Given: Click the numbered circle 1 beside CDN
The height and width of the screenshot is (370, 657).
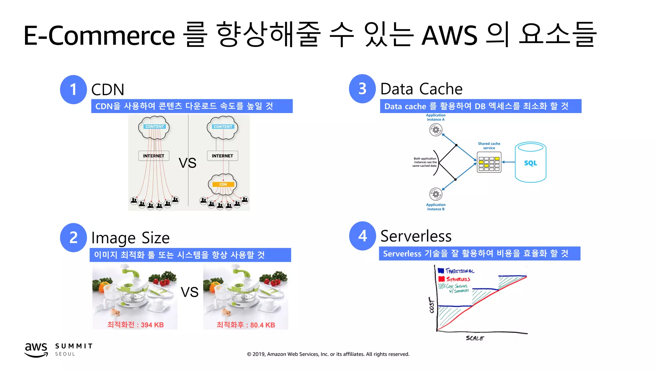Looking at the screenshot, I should pos(73,90).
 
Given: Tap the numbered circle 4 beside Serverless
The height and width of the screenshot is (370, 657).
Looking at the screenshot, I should pos(363,236).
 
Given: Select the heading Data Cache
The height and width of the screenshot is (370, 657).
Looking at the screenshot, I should pos(421,89).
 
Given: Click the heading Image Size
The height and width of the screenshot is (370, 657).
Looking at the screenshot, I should pos(130,238).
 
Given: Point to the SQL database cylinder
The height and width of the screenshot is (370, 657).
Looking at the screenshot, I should pos(530,163).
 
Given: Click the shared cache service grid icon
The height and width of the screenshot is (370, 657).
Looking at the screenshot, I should pos(489,163).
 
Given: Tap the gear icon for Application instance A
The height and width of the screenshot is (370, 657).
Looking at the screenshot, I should pos(436,130).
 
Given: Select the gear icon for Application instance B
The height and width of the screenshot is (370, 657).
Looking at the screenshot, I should pos(436,194).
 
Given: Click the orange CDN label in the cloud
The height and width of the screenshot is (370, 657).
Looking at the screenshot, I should pos(223,184).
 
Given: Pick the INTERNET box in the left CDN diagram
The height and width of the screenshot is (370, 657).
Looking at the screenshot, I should pos(154,156).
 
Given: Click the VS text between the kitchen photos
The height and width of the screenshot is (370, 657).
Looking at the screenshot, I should pos(189,292).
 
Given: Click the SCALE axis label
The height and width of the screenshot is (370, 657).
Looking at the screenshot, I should pos(475,338).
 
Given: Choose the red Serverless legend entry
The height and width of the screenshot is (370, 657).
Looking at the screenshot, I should pos(455,279).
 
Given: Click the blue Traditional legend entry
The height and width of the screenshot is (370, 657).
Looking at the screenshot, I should pos(456,271).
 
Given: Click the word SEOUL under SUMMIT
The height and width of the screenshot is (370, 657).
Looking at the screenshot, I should pos(65,354).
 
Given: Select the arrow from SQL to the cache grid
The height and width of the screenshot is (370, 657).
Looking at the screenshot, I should pos(508,162).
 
